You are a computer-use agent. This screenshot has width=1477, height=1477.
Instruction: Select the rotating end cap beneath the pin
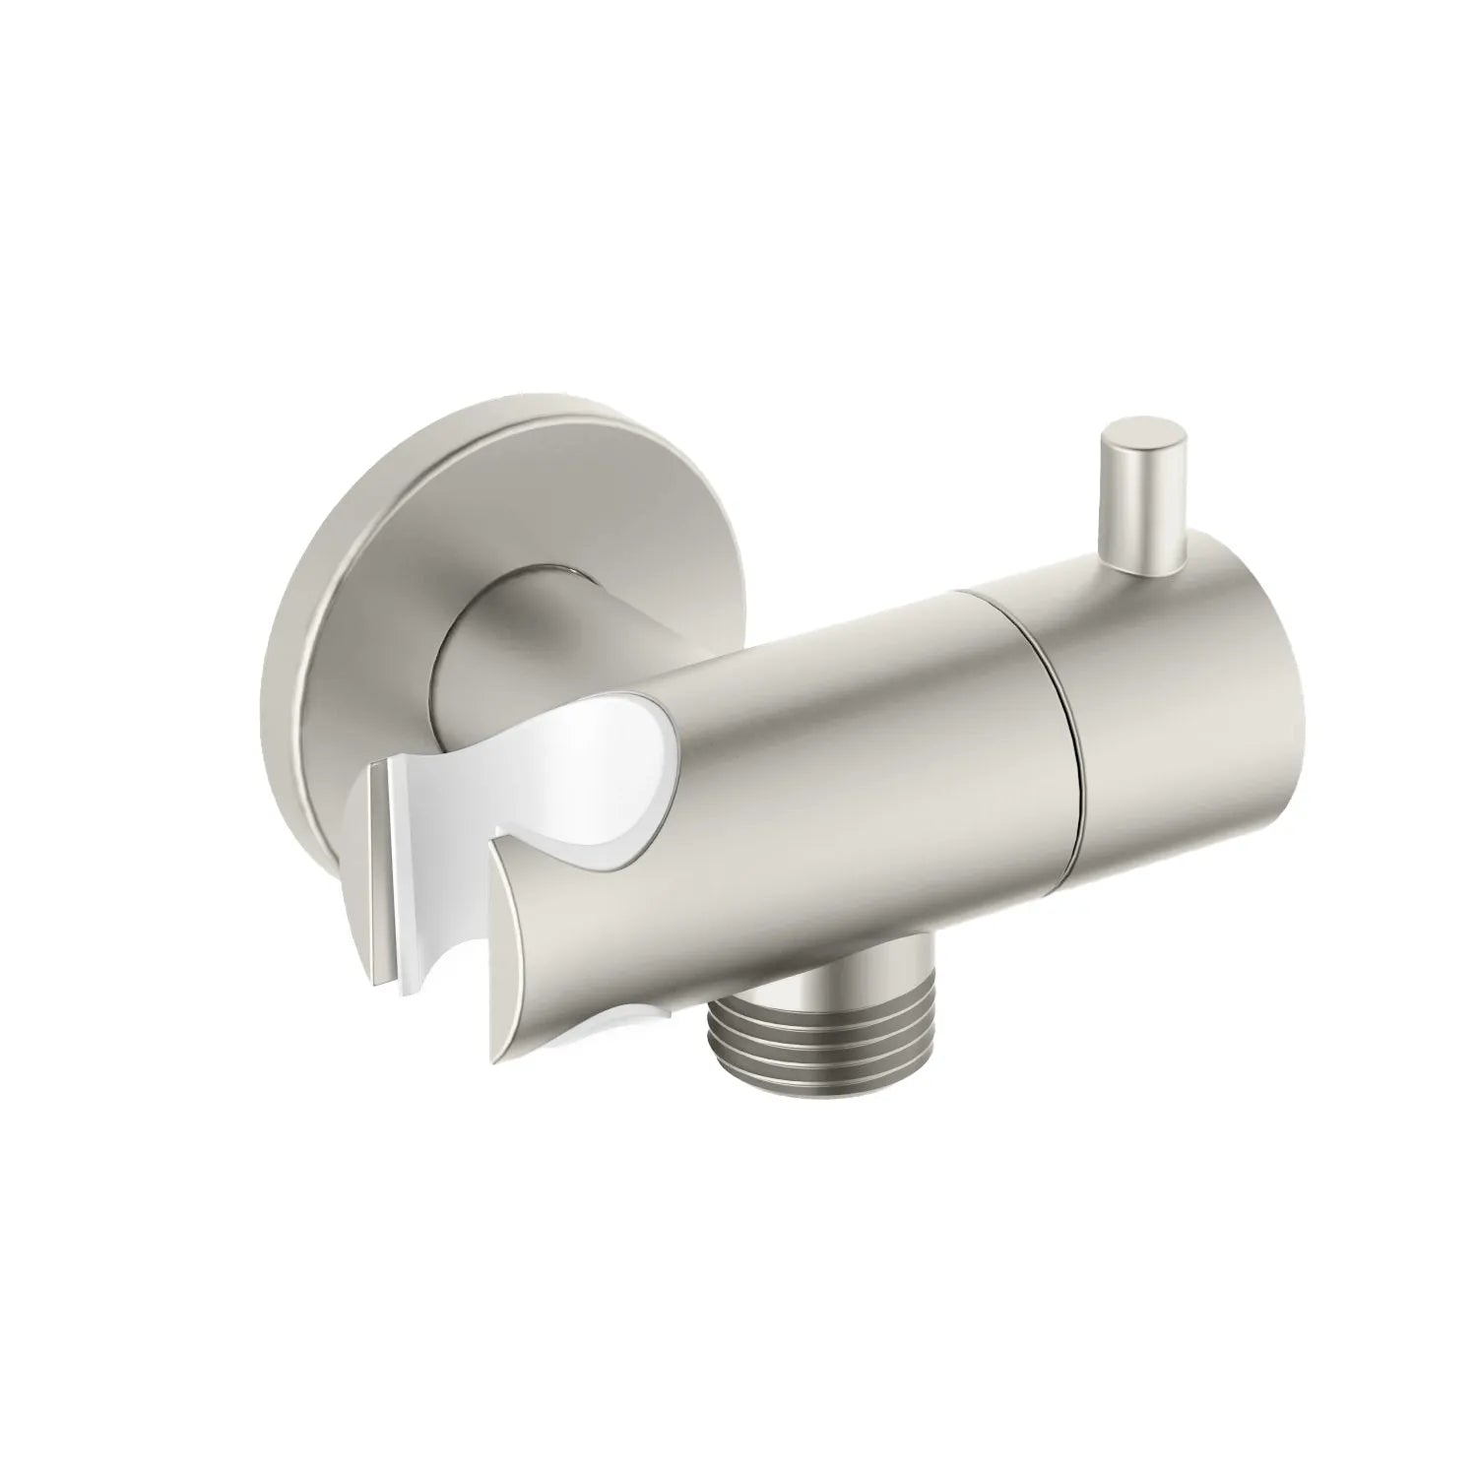click(x=1152, y=709)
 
